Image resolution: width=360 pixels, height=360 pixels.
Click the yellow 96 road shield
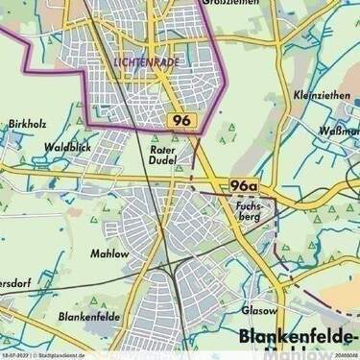tap(181, 120)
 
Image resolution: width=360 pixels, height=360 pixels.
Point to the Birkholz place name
tap(26, 126)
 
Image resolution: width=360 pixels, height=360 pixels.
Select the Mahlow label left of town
tap(108, 253)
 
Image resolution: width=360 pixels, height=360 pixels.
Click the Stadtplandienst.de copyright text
tap(60, 355)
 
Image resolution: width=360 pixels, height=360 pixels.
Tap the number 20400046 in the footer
tap(345, 355)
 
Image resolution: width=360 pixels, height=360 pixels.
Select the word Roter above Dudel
tap(162, 151)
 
